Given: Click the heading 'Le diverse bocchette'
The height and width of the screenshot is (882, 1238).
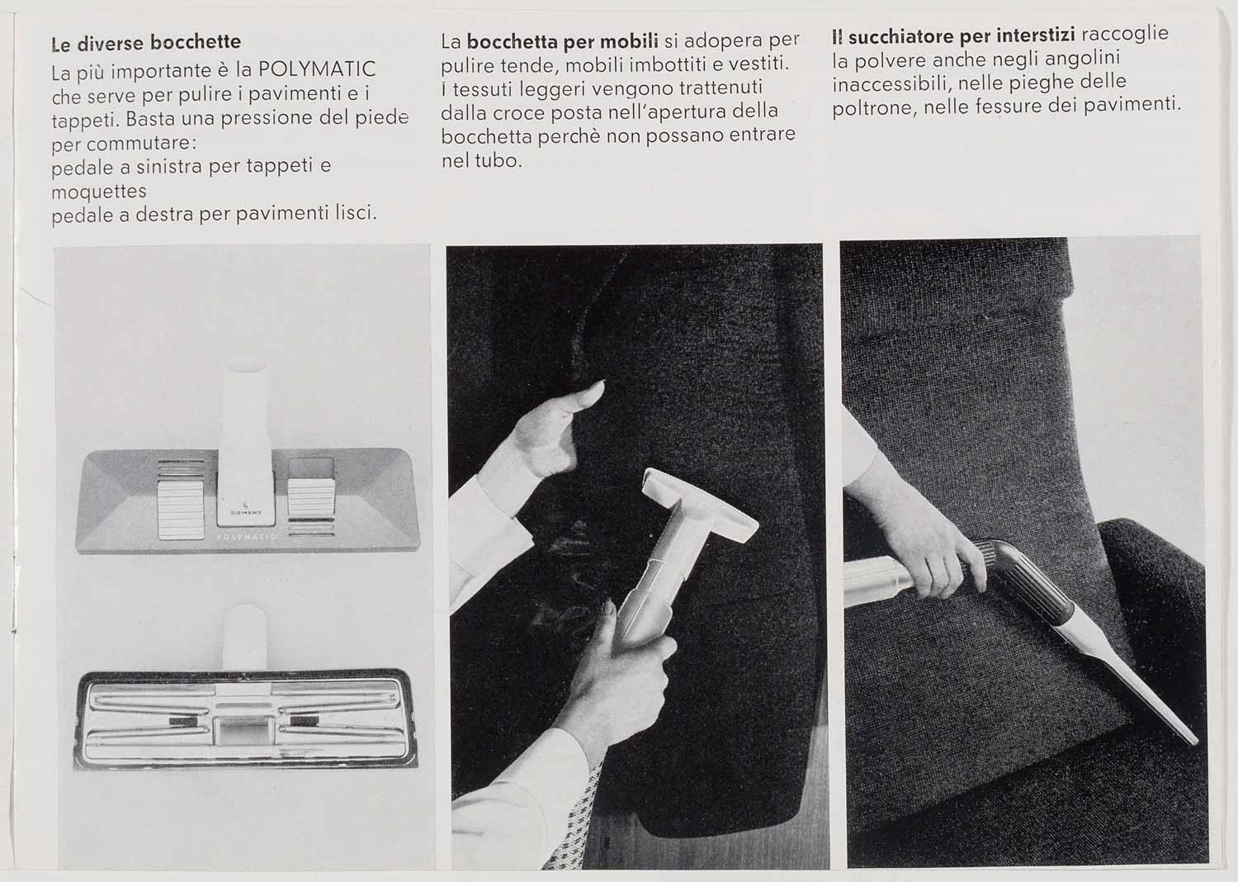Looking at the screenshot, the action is coord(146,43).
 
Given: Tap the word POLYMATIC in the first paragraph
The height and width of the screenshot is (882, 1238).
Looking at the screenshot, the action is coord(317,69).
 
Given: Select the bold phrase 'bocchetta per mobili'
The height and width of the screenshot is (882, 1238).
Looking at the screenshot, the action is coord(563,41).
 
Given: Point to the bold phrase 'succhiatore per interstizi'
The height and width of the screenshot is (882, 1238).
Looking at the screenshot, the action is coord(962,36).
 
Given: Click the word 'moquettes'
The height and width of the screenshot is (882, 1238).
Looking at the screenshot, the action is coord(99,192).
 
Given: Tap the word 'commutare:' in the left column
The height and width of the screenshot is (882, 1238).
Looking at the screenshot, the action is coord(140,143).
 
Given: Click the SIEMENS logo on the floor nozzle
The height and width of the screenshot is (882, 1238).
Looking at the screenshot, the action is coord(246,509).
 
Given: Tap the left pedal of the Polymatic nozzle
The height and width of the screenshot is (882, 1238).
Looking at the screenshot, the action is coord(181,509).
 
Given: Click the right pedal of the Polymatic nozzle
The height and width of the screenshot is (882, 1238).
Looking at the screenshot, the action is coord(311,496).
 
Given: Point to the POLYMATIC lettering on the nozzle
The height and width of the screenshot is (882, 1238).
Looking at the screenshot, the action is coord(247,538).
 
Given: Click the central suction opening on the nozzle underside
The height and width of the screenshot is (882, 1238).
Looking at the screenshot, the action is coord(243,732).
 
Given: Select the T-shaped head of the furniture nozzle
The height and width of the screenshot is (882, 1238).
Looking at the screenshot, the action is coord(698,505).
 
